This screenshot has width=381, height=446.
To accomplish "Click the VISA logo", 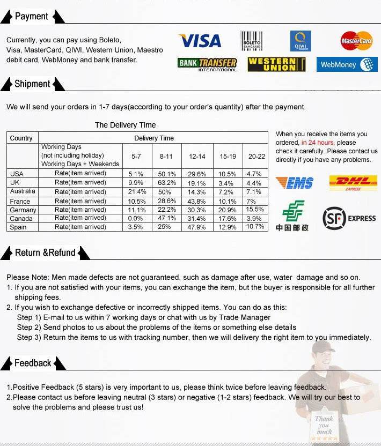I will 200,41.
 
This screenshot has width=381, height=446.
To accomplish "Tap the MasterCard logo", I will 356,41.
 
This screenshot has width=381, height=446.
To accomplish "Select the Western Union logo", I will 276,64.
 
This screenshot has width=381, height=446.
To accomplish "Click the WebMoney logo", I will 346,65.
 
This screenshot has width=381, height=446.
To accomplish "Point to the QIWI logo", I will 301,41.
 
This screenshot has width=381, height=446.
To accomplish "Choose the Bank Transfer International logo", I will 207,64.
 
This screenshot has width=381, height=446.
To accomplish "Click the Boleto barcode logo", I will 251,41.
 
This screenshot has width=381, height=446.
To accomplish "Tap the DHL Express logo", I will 353,183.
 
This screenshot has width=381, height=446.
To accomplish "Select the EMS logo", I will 294,183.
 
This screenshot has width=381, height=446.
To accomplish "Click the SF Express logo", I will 349,218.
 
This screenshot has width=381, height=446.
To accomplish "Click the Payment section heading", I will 32,17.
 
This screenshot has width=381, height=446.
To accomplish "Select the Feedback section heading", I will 33,363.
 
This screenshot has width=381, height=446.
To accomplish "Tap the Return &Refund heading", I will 45,252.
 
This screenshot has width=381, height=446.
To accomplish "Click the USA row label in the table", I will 17,174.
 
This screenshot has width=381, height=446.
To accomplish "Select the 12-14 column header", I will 197,157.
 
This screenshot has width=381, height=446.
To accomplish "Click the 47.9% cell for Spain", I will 197,227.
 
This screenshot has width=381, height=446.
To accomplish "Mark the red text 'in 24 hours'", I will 318,143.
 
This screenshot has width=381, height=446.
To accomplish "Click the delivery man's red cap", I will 323,346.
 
